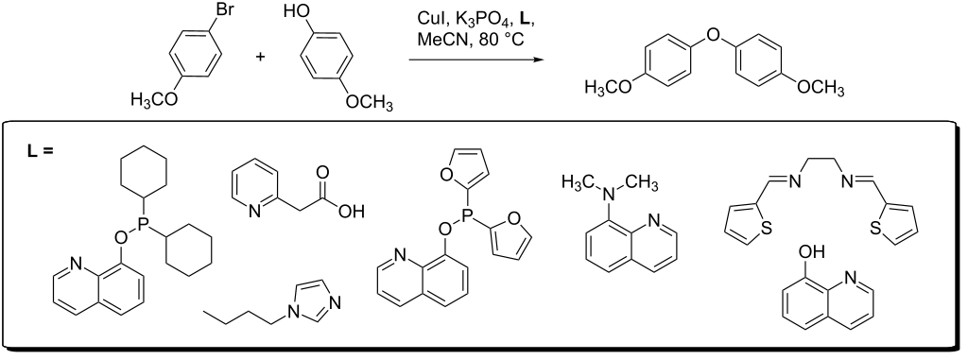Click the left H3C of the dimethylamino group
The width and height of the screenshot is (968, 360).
578,180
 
